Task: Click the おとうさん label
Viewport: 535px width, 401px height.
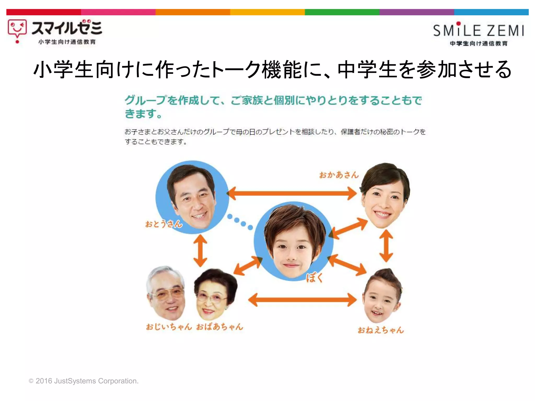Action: point(164,224)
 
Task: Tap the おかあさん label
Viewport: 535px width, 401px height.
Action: point(339,175)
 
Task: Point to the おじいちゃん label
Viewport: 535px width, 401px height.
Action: point(169,327)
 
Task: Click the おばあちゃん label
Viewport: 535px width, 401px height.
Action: point(220,327)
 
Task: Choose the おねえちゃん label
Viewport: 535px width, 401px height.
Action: point(381,330)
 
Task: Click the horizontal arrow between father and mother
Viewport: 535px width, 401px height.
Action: point(292,193)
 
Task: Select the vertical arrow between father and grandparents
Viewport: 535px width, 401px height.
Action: point(200,251)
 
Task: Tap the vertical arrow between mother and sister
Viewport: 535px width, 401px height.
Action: point(386,246)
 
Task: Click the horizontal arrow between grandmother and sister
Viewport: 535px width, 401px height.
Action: point(302,299)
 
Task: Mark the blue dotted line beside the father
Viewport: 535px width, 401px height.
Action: point(240,222)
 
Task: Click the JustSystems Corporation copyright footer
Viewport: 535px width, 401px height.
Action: point(84,381)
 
